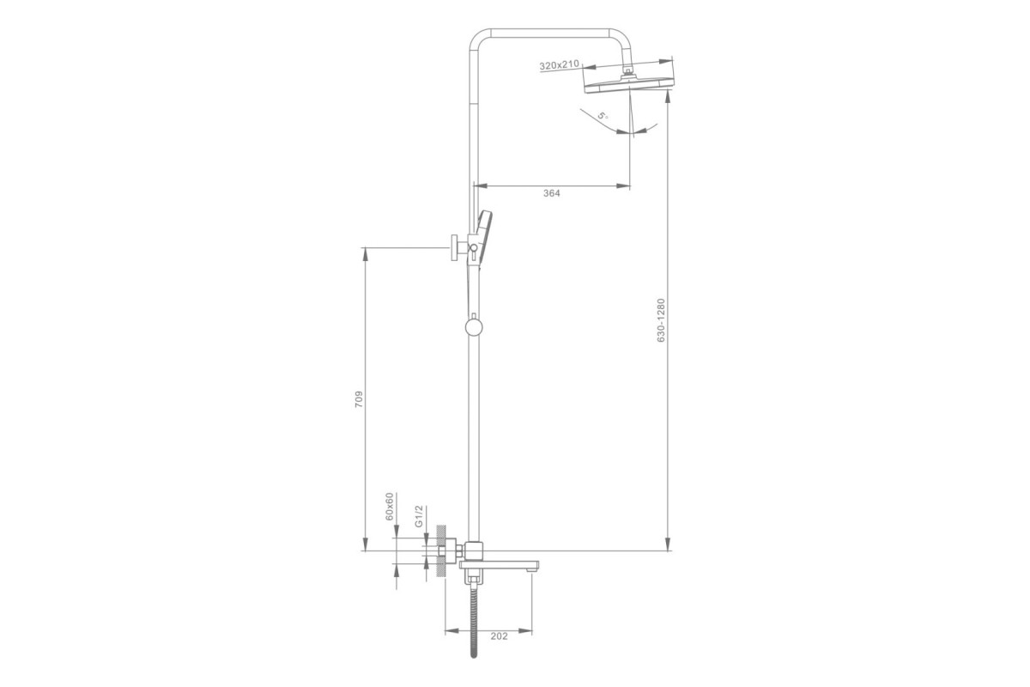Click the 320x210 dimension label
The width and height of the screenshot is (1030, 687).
coord(559,65)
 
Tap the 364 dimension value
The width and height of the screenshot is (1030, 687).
coord(552,193)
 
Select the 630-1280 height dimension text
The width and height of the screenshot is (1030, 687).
coord(661,320)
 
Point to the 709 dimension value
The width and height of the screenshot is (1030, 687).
coord(359,399)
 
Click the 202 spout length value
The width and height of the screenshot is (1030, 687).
coord(499,636)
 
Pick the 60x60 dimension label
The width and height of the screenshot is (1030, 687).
coord(390,507)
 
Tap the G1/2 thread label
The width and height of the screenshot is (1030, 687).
coord(419,516)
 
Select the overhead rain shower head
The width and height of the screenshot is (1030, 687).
coord(628,84)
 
